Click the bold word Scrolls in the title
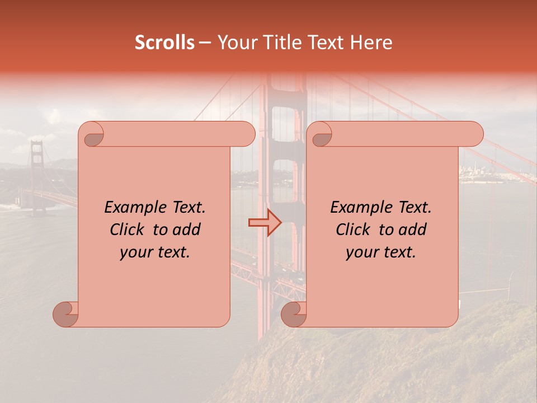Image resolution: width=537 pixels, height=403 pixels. (164, 43)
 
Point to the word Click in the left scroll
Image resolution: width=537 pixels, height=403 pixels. (129, 230)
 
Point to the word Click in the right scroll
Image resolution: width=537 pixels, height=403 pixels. (355, 230)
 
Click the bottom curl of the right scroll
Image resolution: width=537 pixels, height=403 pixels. (294, 314)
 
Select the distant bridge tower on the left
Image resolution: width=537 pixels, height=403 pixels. (37, 162)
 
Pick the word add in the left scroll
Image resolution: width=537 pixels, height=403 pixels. (187, 230)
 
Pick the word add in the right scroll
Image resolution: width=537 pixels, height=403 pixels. (413, 230)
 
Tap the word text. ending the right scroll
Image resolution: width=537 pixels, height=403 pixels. (400, 252)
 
